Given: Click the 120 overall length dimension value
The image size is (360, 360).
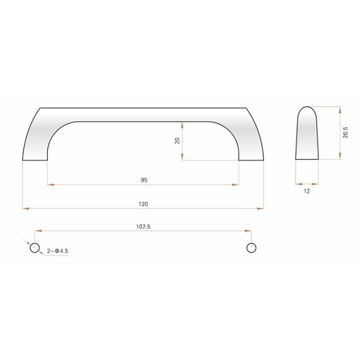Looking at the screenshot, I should pos(143,204).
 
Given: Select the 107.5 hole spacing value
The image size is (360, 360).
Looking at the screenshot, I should pos(143,227).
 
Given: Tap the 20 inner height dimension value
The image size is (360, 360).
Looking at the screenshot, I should pos(177,140).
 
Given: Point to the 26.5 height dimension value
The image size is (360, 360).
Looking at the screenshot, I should pos(346,133).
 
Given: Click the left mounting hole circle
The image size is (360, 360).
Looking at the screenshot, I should pos(35,248).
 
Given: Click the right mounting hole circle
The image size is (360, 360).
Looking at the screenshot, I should pos(251,248).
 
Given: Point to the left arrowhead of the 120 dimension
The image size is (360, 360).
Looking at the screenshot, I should pos(25,208).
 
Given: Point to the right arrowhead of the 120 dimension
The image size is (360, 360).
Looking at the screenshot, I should pos(262,208).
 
